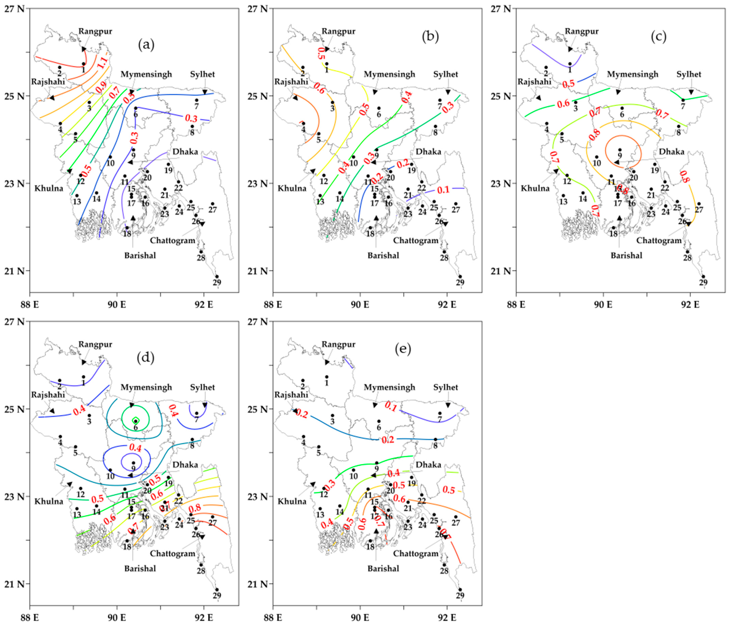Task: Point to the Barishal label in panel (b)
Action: click(383, 255)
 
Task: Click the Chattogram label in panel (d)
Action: click(172, 553)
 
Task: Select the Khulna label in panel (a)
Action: click(49, 188)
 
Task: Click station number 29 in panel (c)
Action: click(703, 282)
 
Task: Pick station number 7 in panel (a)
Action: click(197, 106)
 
